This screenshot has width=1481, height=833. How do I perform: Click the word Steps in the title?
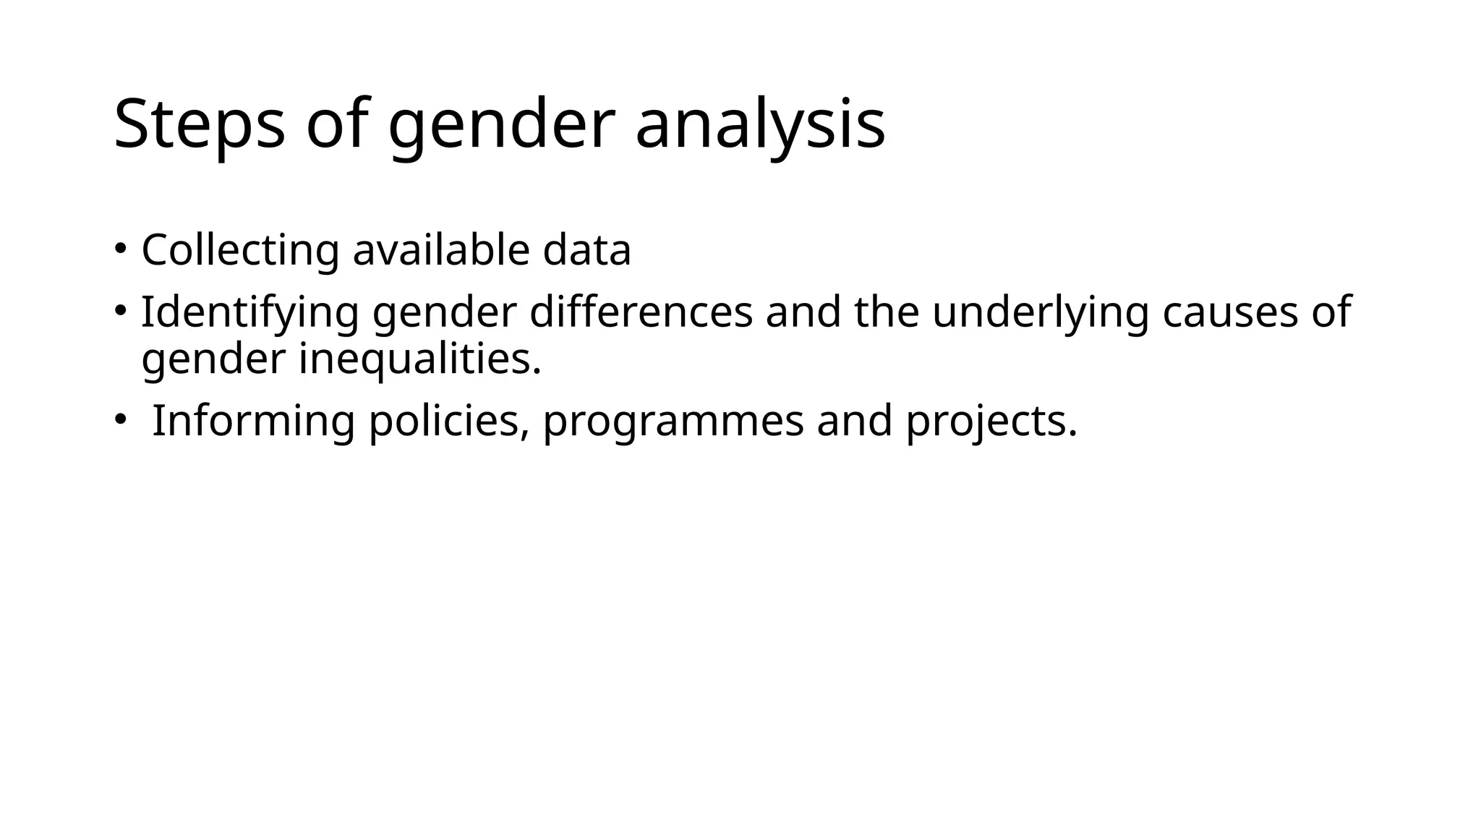pos(200,124)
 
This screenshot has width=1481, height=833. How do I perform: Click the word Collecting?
pos(240,250)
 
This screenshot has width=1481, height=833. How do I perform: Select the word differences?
pos(641,312)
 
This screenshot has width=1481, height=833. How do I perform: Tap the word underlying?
pos(1040,312)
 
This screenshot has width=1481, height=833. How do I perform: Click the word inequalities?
pos(420,359)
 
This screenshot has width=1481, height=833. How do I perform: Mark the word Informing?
pos(254,421)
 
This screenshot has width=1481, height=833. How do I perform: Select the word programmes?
pos(673,421)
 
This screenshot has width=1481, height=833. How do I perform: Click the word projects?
pos(991,421)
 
